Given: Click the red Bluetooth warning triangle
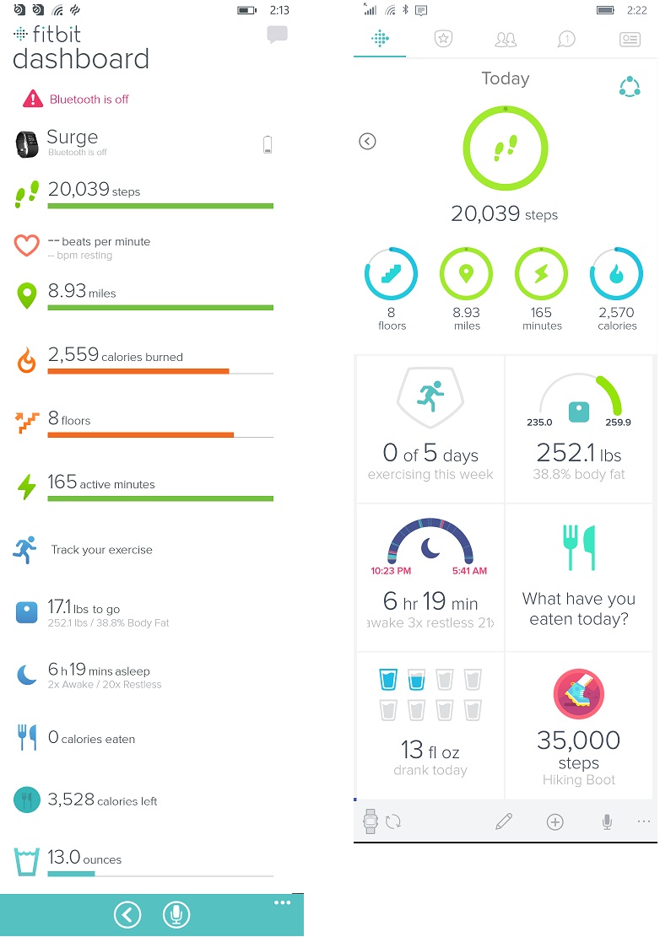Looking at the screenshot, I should tap(33, 99).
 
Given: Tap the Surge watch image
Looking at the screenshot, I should tap(27, 143).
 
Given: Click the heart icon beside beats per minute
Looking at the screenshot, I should tap(27, 245).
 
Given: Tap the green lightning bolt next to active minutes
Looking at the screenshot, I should tap(27, 487).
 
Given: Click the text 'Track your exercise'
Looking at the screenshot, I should tap(101, 550).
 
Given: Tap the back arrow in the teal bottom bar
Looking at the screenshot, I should tap(127, 914).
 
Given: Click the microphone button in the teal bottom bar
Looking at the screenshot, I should tap(176, 914).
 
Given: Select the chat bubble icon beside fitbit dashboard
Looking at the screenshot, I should tap(277, 35).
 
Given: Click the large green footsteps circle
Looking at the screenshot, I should tap(505, 150).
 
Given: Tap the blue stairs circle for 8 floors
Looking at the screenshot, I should tap(392, 274).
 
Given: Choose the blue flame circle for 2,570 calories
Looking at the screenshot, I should tap(617, 274).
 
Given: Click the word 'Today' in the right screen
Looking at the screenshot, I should tap(505, 78).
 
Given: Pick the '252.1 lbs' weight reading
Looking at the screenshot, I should tap(579, 453).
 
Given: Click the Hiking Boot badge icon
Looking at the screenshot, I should tap(579, 693).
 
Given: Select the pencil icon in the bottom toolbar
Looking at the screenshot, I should tap(504, 821).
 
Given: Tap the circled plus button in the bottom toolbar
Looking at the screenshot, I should tap(555, 821).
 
